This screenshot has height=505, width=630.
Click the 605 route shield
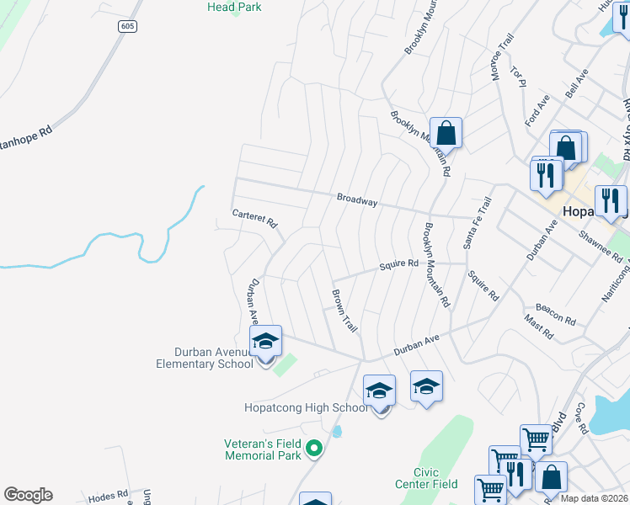(x=126, y=26)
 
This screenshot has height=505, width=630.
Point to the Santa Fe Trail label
(x=477, y=223)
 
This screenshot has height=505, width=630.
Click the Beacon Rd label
(x=556, y=316)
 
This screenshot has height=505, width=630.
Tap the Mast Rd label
(x=538, y=327)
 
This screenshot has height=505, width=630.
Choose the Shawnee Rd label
(x=600, y=246)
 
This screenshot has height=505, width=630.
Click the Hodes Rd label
(x=108, y=497)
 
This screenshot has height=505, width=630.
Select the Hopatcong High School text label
(x=306, y=407)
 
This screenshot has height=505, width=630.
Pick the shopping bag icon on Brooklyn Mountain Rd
(x=446, y=133)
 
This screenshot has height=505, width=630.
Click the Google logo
(x=28, y=495)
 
